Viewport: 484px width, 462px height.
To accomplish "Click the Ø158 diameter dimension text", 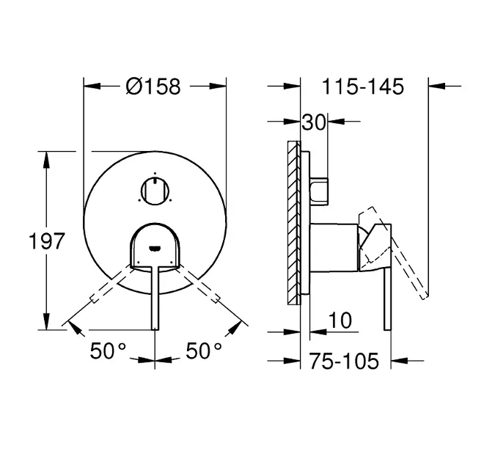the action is [x=153, y=87].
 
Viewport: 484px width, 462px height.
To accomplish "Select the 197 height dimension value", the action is [x=47, y=241].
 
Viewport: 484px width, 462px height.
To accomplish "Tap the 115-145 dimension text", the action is [x=363, y=87].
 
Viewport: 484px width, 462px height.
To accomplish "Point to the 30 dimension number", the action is [x=314, y=122].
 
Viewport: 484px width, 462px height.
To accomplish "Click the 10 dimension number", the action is [x=340, y=320].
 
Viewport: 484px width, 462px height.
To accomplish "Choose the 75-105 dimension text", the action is [x=344, y=361].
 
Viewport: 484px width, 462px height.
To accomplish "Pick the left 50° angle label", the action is [x=108, y=351].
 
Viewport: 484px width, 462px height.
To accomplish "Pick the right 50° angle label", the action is [x=204, y=351].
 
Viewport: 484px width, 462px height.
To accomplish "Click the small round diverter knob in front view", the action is [x=155, y=191].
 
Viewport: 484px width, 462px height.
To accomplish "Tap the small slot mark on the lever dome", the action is [x=154, y=248].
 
